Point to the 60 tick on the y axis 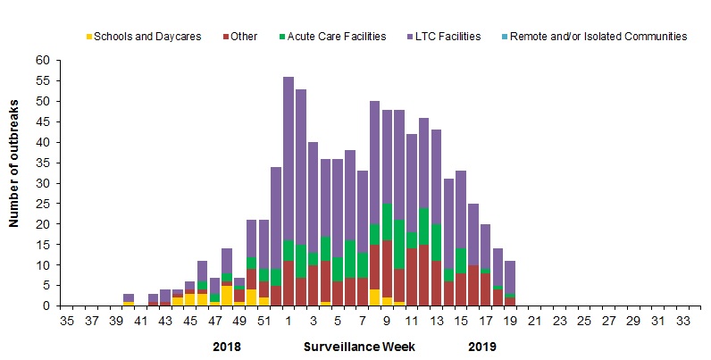pyautogui.click(x=43, y=60)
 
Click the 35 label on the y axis pyautogui.click(x=43, y=163)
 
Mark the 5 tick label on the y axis pyautogui.click(x=46, y=286)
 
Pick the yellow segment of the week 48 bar pyautogui.click(x=228, y=296)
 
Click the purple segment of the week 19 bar pyautogui.click(x=509, y=277)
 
